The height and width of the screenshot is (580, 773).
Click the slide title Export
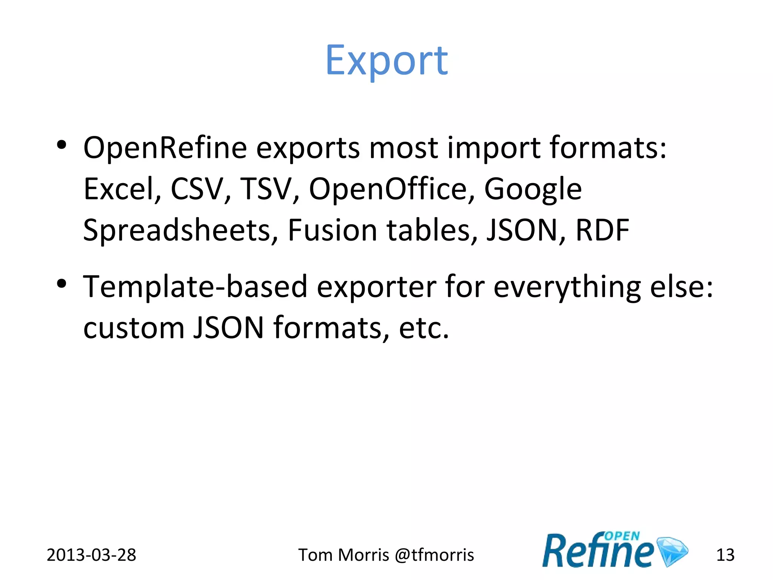[x=386, y=60]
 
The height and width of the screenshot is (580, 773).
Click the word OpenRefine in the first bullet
[x=165, y=148]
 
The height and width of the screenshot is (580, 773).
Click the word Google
[x=533, y=190]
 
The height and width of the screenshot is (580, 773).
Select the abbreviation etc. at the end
[x=424, y=328]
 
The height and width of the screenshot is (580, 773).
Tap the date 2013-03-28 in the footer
[x=91, y=555]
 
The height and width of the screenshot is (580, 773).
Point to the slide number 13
[x=725, y=555]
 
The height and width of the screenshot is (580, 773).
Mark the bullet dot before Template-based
[x=62, y=284]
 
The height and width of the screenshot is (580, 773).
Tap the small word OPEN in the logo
[x=622, y=536]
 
